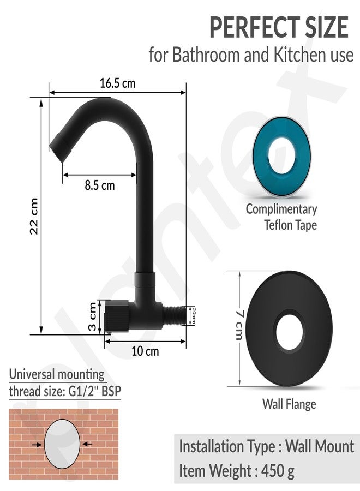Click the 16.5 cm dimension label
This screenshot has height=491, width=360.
(x=117, y=83)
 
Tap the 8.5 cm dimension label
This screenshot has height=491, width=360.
(x=100, y=185)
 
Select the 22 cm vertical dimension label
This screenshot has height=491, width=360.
(x=33, y=216)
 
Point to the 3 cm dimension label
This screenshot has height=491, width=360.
(x=92, y=316)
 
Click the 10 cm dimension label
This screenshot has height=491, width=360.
(x=145, y=351)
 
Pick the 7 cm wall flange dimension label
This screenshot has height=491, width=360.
(x=238, y=325)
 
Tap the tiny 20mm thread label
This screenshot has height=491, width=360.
(x=193, y=316)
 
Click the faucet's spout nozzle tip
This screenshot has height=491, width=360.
(x=61, y=147)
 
